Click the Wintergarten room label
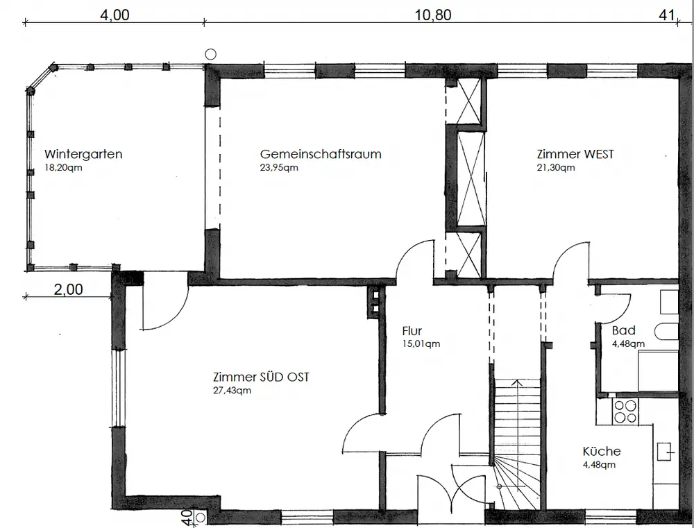click(x=83, y=154)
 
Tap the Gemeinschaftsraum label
click(x=321, y=154)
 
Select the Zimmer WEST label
click(x=575, y=154)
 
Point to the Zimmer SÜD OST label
click(x=261, y=377)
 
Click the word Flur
click(x=412, y=331)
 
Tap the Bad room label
click(x=623, y=330)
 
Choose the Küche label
click(x=601, y=451)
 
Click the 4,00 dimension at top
click(x=115, y=16)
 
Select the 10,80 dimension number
click(x=433, y=16)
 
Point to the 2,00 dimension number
click(x=68, y=290)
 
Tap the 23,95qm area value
click(x=280, y=168)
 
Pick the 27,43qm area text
click(x=232, y=391)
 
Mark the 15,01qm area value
click(x=421, y=343)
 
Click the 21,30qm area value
click(x=556, y=168)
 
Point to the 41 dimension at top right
click(x=667, y=16)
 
